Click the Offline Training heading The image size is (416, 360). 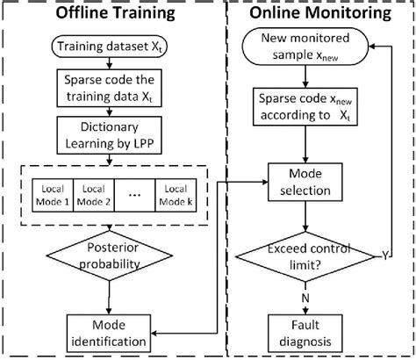(x=108, y=15)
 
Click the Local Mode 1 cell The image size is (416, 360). (x=48, y=191)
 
